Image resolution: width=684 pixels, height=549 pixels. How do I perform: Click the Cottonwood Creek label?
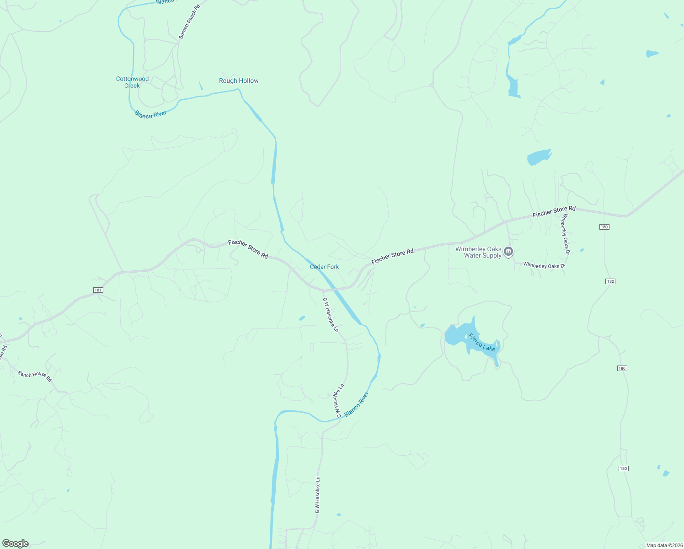click(x=132, y=82)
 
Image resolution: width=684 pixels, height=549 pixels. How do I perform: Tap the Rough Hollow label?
click(x=239, y=81)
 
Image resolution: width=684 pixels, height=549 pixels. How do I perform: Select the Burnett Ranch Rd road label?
click(x=189, y=22)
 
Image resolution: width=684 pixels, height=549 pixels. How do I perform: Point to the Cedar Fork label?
click(x=325, y=267)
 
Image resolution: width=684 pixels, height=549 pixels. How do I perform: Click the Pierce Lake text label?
click(x=482, y=342)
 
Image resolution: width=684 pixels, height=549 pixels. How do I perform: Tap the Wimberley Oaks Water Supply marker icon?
click(x=508, y=252)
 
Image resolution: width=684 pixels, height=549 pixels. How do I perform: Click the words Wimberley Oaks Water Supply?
click(x=478, y=253)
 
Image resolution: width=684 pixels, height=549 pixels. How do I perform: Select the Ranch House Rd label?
click(x=35, y=376)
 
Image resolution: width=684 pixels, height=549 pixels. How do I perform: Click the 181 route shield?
click(x=98, y=290)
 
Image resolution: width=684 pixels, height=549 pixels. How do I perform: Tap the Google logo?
click(x=16, y=544)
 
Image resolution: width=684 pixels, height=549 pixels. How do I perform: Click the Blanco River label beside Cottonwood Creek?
click(x=150, y=114)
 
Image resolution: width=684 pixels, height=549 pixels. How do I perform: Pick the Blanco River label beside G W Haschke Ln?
click(x=357, y=404)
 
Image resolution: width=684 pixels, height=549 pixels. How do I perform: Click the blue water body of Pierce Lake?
click(x=460, y=336)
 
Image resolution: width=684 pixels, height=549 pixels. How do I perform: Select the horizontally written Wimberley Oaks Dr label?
click(x=544, y=265)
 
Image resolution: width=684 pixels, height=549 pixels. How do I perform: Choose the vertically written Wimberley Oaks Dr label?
click(x=566, y=234)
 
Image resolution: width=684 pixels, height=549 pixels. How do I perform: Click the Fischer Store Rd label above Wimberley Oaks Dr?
click(x=554, y=212)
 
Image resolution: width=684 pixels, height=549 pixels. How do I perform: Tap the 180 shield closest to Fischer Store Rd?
click(x=604, y=227)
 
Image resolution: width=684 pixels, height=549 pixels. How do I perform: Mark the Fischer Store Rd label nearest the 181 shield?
click(x=248, y=249)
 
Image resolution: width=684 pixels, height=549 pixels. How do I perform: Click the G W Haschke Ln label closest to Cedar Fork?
click(x=331, y=315)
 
